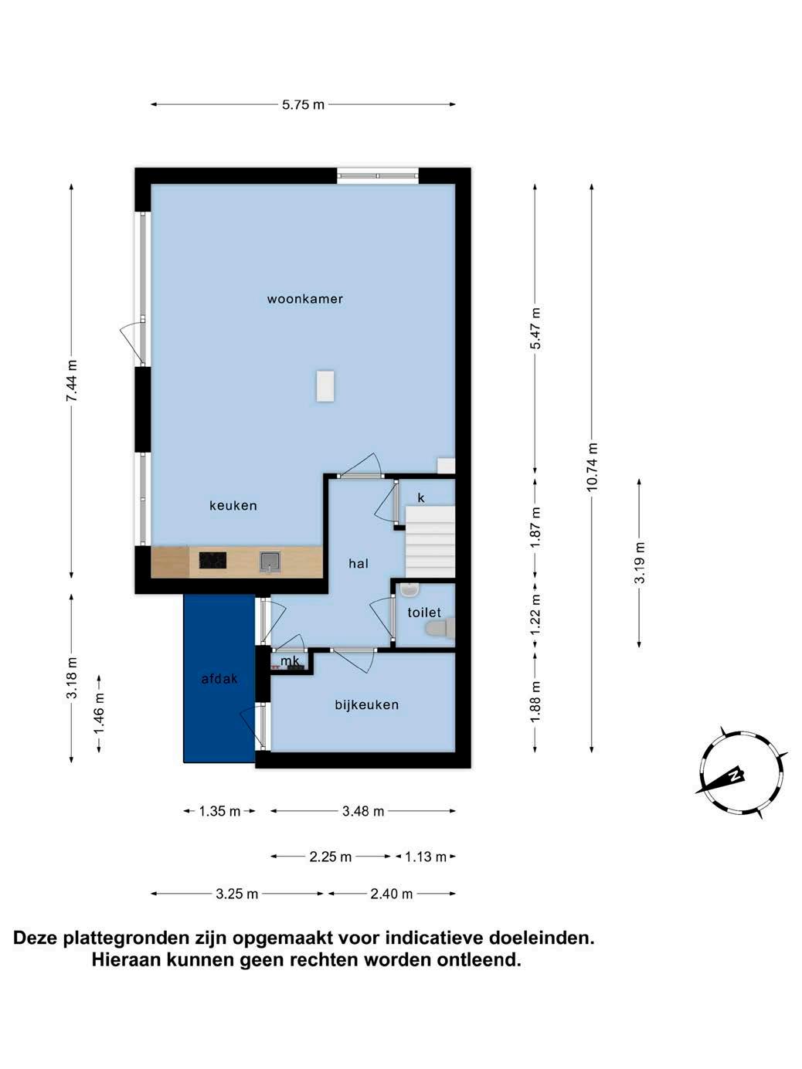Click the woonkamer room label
[x=305, y=299]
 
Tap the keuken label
[x=233, y=505]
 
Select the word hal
[x=359, y=564]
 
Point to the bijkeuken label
[x=367, y=704]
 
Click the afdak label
[x=219, y=678]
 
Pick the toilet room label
[x=424, y=613]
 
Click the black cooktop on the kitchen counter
[x=212, y=561]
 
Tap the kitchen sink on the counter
[x=270, y=561]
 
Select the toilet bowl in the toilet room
[x=440, y=628]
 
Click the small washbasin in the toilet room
[x=410, y=591]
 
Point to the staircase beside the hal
[x=430, y=542]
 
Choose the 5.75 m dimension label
[x=303, y=104]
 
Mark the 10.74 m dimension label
[x=592, y=467]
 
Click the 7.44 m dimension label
[x=72, y=381]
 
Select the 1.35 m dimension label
[x=219, y=811]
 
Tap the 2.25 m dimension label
[x=330, y=857]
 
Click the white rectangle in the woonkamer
[x=325, y=386]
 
